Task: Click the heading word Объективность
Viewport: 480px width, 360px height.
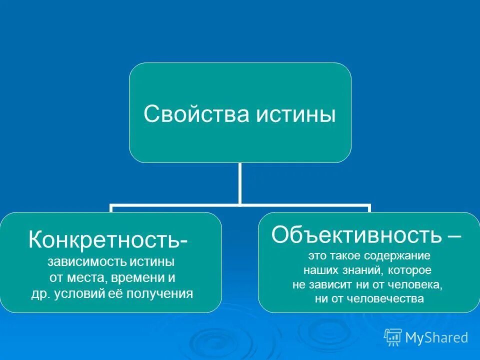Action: tap(356, 233)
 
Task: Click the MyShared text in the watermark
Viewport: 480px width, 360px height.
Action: tap(436, 337)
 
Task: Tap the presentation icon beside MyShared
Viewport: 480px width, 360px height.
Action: tap(393, 337)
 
